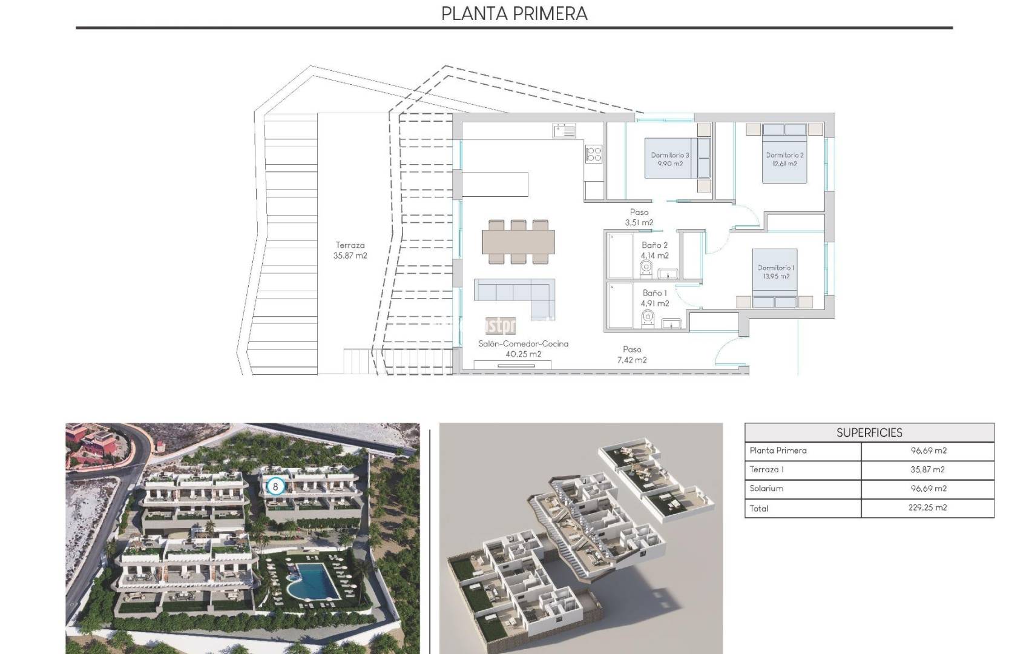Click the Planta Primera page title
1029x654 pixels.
[x=514, y=13]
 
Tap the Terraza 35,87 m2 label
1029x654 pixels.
[x=350, y=250]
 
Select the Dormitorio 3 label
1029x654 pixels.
[x=669, y=159]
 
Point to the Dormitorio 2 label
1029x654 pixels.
[x=784, y=159]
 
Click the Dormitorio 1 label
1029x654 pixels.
[x=776, y=272]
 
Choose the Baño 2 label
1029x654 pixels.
[x=654, y=250]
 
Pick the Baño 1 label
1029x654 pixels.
[x=654, y=298]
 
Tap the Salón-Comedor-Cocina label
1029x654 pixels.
[x=523, y=348]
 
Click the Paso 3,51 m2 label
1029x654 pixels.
[x=639, y=217]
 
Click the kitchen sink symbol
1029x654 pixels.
[x=564, y=131]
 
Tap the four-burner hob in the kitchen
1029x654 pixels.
[x=594, y=154]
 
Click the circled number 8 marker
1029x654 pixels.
[x=275, y=486]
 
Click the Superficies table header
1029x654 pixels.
[x=869, y=432]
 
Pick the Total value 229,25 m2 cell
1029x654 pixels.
[x=927, y=507]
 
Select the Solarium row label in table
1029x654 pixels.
[x=766, y=488]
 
